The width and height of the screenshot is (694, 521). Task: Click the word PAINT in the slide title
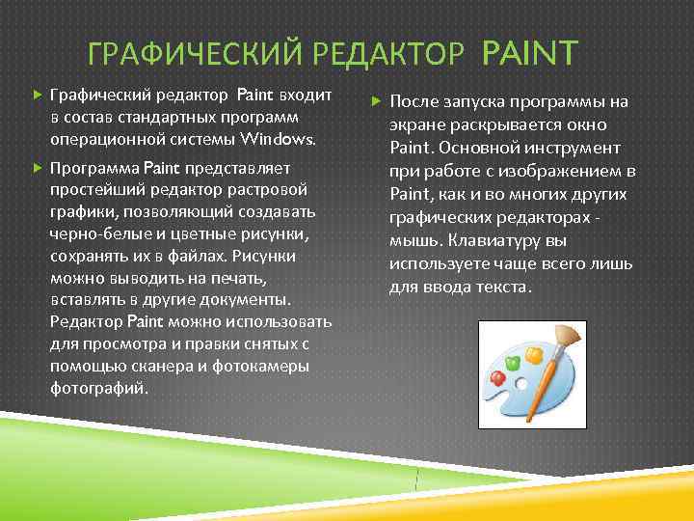coord(529,52)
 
